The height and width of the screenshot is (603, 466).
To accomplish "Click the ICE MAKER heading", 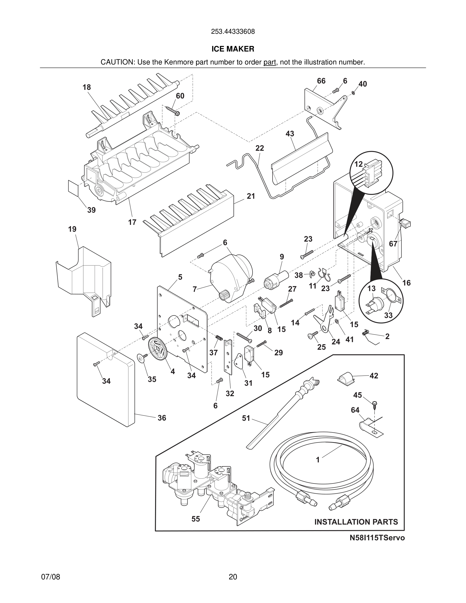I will [x=233, y=49].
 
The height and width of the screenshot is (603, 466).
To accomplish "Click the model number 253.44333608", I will [x=233, y=32].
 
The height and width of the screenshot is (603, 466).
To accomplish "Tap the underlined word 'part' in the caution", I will [x=270, y=62].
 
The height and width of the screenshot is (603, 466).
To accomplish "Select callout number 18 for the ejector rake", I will [x=87, y=87].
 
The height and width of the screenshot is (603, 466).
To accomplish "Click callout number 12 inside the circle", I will [x=358, y=164].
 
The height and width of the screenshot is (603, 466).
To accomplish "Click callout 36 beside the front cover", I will [x=162, y=418].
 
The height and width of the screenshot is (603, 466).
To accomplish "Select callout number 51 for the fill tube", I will [x=246, y=418].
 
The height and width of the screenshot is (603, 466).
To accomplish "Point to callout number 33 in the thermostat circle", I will [x=388, y=315].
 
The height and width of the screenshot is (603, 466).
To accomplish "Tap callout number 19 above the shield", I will [x=72, y=229].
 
